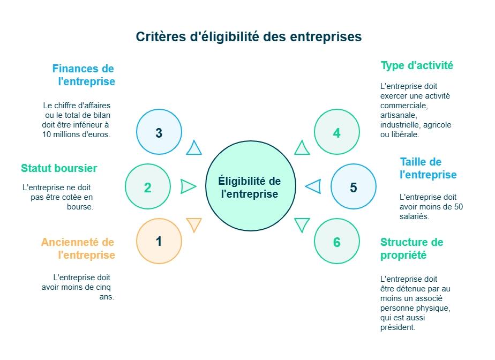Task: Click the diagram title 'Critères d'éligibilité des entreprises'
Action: (x=249, y=37)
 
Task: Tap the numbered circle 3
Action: (x=159, y=133)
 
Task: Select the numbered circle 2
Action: (x=148, y=187)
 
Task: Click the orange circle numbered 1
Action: (x=159, y=242)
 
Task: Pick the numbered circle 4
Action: (x=336, y=133)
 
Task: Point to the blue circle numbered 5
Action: (x=353, y=187)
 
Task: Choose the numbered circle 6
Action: (x=336, y=242)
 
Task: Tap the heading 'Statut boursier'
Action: (x=59, y=168)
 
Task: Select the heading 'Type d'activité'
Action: (x=417, y=65)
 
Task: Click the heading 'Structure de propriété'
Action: (x=411, y=249)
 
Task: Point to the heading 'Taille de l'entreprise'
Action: (x=428, y=168)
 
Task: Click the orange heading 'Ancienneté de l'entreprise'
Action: (x=78, y=249)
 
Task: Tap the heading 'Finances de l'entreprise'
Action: (x=84, y=75)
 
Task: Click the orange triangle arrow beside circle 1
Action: (x=194, y=224)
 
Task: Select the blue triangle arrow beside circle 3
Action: (x=194, y=148)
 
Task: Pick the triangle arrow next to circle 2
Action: (x=187, y=186)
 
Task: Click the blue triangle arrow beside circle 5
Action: (x=313, y=186)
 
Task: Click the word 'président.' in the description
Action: (x=398, y=327)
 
